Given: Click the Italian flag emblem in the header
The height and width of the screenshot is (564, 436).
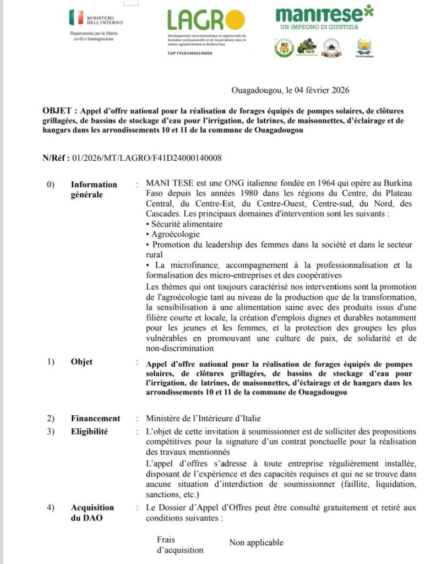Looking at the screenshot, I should point(75,18).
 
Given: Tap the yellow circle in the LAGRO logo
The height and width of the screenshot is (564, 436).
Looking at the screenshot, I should point(235,20).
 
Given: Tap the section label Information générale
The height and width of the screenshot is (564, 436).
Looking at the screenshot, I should point(94,189).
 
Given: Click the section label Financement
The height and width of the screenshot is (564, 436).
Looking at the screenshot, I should point(95,418).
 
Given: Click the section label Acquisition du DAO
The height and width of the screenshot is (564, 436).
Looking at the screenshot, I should point(92,513).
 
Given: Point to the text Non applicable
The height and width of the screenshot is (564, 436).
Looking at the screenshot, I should point(256,543).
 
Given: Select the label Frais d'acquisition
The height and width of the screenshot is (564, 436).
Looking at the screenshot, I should point(179,545).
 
